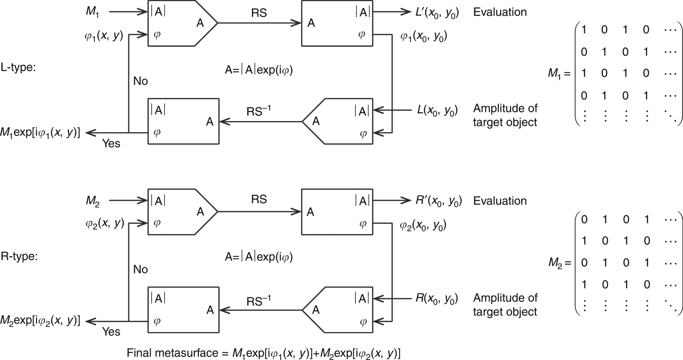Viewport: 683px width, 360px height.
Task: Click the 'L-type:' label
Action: (18, 68)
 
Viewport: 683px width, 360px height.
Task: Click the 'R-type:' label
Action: (19, 256)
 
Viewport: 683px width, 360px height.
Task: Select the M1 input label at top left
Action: (92, 12)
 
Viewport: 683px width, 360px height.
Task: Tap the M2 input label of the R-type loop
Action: (92, 201)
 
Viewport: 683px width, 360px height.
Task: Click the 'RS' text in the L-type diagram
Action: (259, 13)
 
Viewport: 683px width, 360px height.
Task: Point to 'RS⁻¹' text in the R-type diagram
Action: (258, 301)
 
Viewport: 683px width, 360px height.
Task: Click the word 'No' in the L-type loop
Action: (140, 81)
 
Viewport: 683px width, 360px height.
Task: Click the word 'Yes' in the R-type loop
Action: (111, 332)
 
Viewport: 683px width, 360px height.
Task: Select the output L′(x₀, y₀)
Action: (437, 13)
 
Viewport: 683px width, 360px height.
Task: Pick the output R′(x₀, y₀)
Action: (438, 201)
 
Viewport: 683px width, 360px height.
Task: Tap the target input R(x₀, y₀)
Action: (436, 298)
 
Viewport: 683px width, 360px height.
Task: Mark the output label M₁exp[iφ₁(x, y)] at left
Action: (40, 133)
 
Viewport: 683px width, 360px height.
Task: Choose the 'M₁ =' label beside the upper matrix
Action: (559, 73)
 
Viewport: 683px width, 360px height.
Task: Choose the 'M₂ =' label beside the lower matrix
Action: (559, 262)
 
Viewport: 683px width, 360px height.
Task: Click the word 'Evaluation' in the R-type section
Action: (500, 201)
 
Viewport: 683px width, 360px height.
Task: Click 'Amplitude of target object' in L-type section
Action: (505, 115)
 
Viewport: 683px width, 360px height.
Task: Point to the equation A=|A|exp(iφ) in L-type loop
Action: (259, 70)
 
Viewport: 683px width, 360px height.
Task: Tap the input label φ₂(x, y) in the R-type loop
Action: (104, 224)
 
